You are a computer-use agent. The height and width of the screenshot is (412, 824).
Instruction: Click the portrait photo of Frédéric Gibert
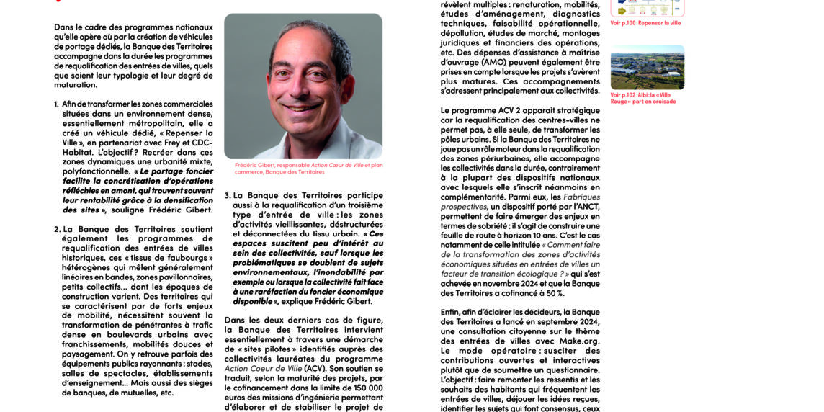pos(303,86)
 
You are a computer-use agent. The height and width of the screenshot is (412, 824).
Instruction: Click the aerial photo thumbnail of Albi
pos(647,68)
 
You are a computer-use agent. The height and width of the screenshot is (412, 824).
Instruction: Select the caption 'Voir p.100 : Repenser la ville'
pos(645,23)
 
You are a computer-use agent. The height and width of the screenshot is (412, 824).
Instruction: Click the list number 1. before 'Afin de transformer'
pos(56,104)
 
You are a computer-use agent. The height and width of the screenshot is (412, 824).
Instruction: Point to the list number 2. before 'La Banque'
pos(57,230)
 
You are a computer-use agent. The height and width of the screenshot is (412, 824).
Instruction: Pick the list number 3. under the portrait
pos(228,196)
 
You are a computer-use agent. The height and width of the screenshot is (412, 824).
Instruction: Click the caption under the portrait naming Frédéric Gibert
pos(308,169)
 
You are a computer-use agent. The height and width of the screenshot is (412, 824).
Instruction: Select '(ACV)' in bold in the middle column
pos(315,369)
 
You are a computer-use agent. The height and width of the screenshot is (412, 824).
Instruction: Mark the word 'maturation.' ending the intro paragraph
pos(76,85)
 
